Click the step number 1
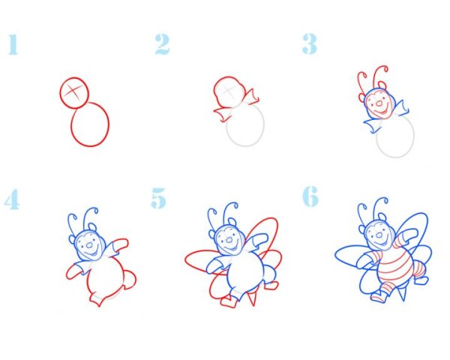pyautogui.click(x=13, y=44)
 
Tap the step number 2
pyautogui.click(x=162, y=44)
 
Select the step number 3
pyautogui.click(x=309, y=44)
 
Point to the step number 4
pyautogui.click(x=12, y=199)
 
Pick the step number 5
pyautogui.click(x=159, y=198)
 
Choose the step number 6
pyautogui.click(x=310, y=196)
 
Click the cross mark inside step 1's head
pyautogui.click(x=73, y=91)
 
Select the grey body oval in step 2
pyautogui.click(x=263, y=125)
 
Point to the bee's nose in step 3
pyautogui.click(x=379, y=103)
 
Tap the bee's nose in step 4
pyautogui.click(x=89, y=245)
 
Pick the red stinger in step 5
pyautogui.click(x=252, y=298)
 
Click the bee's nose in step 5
pyautogui.click(x=229, y=240)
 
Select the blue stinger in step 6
pyautogui.click(x=402, y=292)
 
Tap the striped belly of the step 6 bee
pyautogui.click(x=395, y=269)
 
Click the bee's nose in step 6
pyautogui.click(x=379, y=235)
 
